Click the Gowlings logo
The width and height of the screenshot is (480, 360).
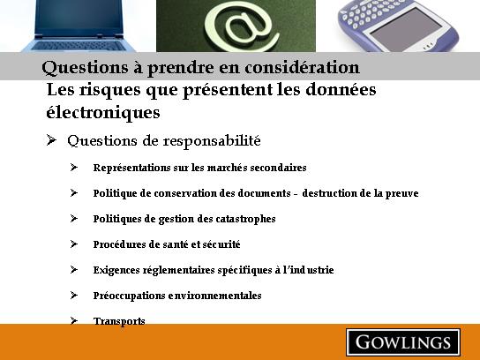403,342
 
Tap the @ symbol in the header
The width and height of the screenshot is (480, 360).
242,26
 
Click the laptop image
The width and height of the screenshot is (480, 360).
79,26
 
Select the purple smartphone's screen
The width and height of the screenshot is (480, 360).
406,29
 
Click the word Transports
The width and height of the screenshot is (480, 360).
119,321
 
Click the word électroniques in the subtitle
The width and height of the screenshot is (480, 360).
103,112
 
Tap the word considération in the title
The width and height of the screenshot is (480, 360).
302,67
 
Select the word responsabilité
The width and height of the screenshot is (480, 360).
212,141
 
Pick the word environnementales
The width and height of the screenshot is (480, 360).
214,296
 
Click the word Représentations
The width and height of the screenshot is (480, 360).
132,168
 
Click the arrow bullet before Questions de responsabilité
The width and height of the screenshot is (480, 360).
51,140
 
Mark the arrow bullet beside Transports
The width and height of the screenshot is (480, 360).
74,320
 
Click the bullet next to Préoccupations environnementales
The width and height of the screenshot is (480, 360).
74,295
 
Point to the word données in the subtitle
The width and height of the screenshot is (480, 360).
341,89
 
